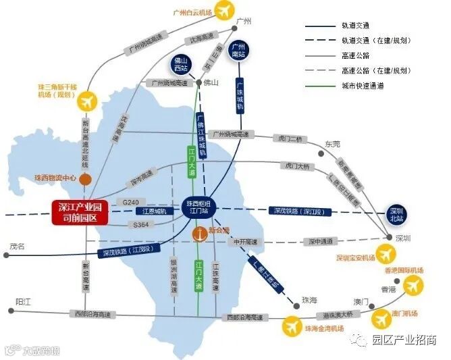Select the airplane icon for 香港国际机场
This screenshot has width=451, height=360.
click(412, 286)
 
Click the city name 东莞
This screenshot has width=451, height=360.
click(334, 143)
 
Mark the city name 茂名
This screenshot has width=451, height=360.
click(18, 247)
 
